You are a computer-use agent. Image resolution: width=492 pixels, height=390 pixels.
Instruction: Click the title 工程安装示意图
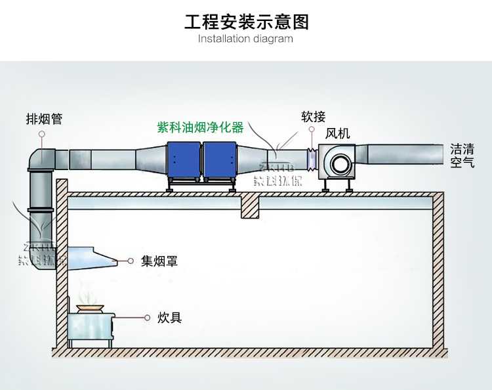(246, 22)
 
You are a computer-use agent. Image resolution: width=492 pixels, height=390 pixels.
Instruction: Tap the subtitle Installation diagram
(245, 39)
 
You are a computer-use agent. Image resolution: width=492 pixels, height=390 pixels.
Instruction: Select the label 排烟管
(44, 119)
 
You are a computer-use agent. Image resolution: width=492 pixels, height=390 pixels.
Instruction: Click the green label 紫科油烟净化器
(201, 127)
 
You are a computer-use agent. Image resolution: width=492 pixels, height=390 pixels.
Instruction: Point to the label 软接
(313, 117)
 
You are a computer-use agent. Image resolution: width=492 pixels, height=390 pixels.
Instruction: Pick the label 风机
(338, 133)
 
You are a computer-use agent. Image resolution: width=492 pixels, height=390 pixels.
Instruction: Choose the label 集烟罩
(159, 261)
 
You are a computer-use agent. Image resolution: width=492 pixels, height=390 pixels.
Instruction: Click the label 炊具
(169, 318)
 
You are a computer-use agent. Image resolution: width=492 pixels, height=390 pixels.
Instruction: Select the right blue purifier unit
(220, 160)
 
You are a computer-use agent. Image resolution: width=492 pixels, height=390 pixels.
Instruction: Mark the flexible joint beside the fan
(312, 158)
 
